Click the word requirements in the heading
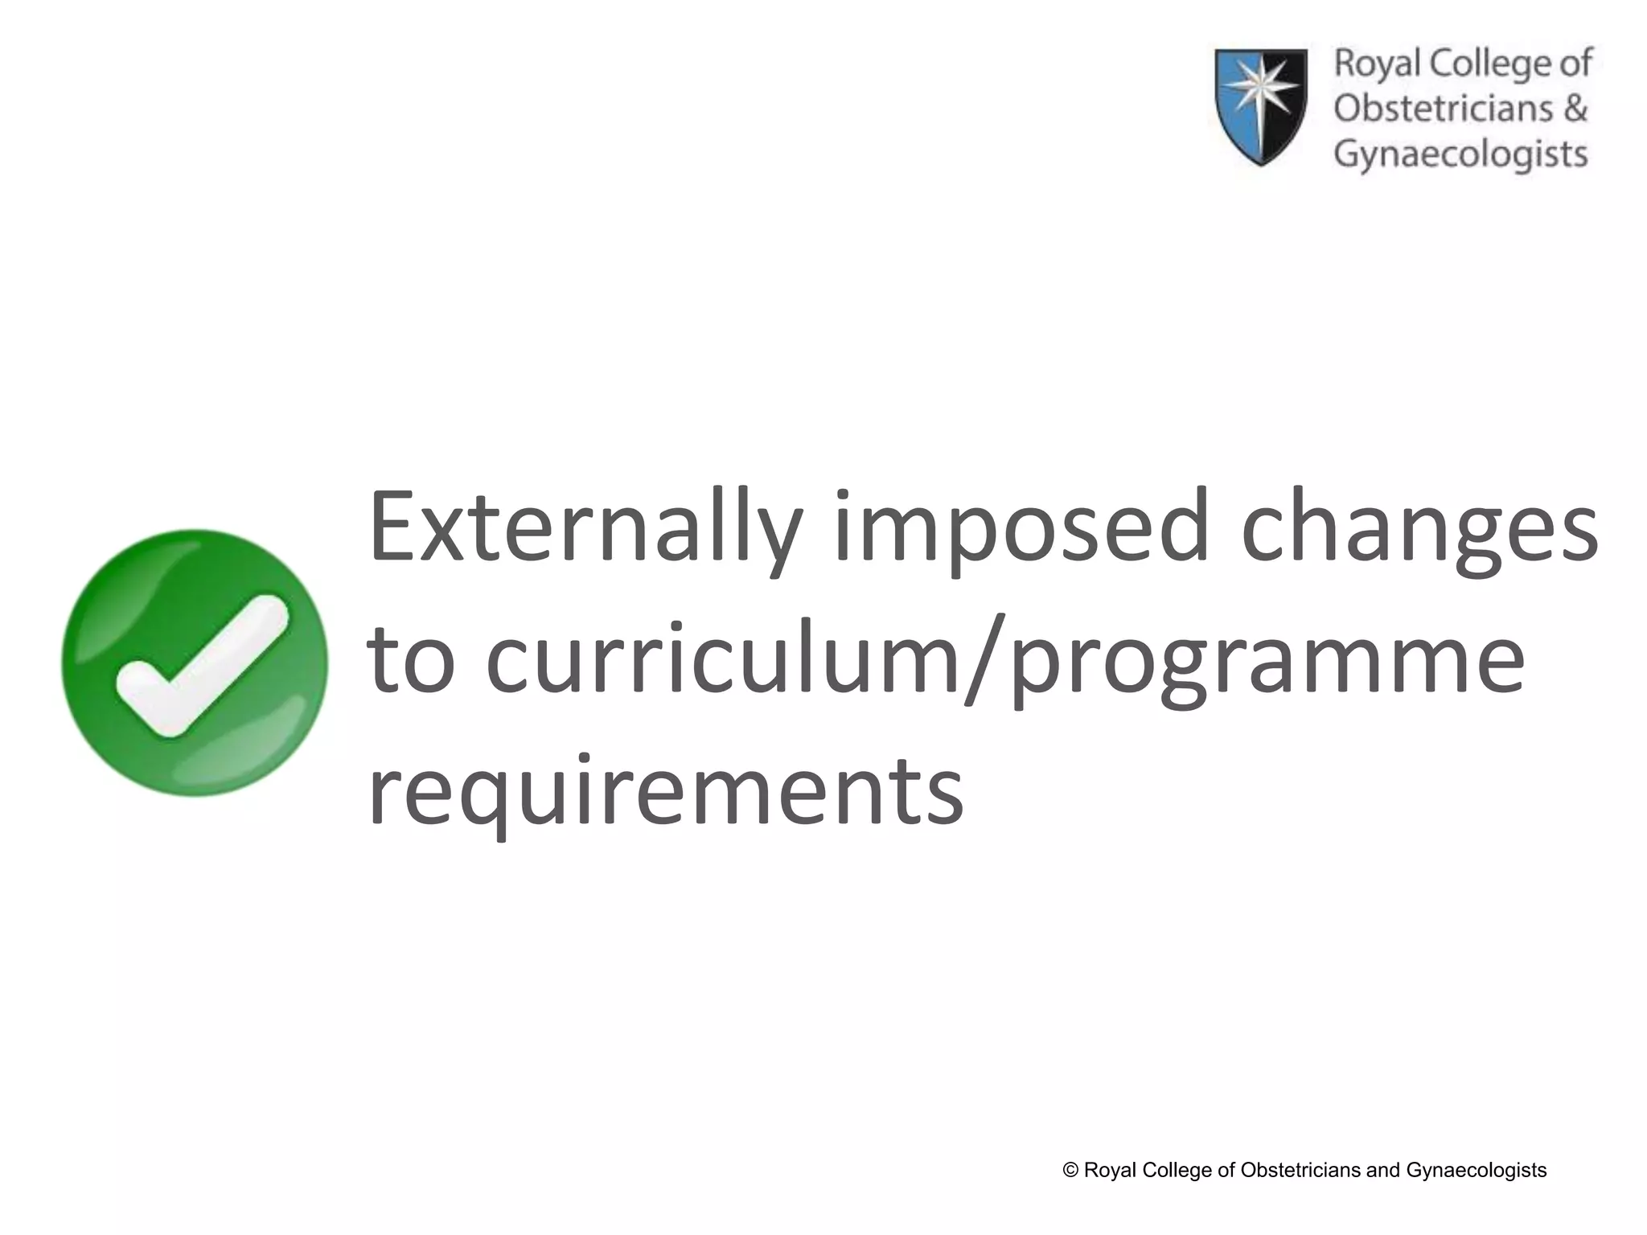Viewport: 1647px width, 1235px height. pos(666,791)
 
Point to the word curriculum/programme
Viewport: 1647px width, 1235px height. pos(1005,663)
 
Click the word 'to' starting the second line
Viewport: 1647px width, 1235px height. pos(411,661)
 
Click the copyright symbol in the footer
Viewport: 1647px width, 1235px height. pos(1070,1170)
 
